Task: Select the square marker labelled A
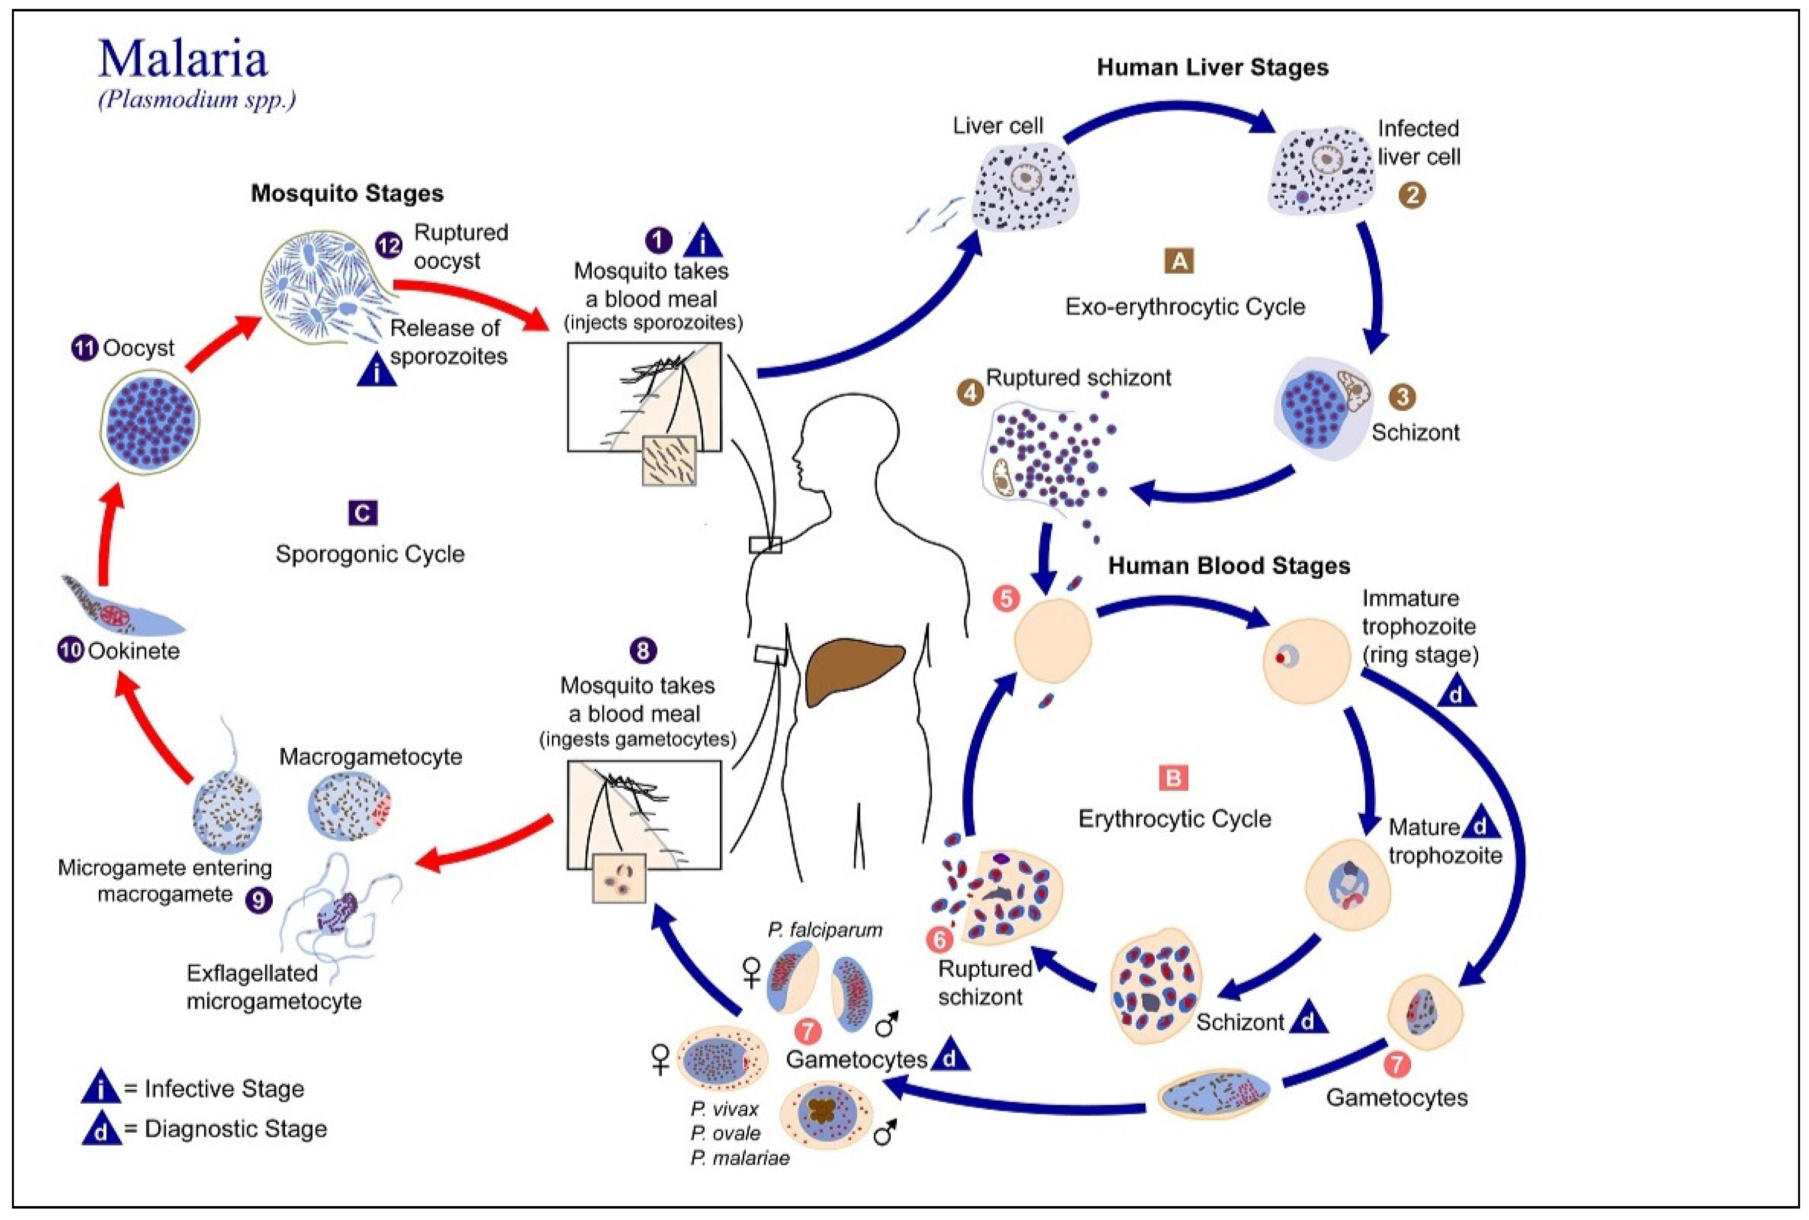tap(1179, 261)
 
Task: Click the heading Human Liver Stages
tap(1212, 68)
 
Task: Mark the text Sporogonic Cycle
tap(370, 554)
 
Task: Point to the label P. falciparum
tap(825, 930)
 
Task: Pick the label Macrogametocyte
tap(370, 756)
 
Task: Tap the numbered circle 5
tap(1006, 599)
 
